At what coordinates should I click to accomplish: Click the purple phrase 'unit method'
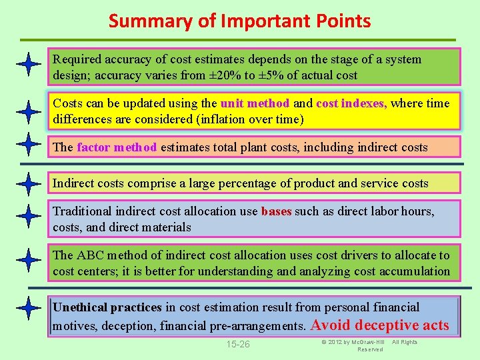click(255, 103)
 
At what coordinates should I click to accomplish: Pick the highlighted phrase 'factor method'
click(117, 147)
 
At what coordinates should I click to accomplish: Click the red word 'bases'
click(276, 211)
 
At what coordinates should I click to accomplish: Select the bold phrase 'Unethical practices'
click(107, 307)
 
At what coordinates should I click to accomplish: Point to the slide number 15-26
click(238, 345)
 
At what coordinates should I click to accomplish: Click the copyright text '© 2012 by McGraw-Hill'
click(352, 342)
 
